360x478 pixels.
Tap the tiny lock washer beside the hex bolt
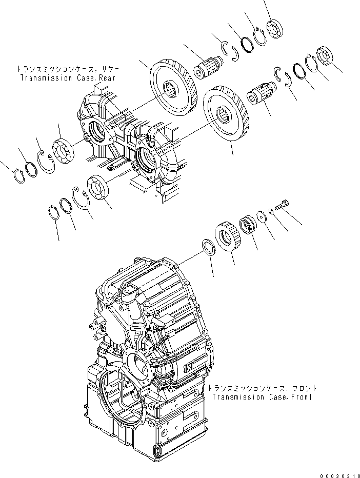tap(272, 211)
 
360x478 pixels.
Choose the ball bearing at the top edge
tap(276, 27)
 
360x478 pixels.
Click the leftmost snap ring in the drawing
tap(18, 174)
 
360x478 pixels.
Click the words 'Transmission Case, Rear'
tap(67, 78)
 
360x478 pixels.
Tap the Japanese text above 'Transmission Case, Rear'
tap(66, 69)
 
